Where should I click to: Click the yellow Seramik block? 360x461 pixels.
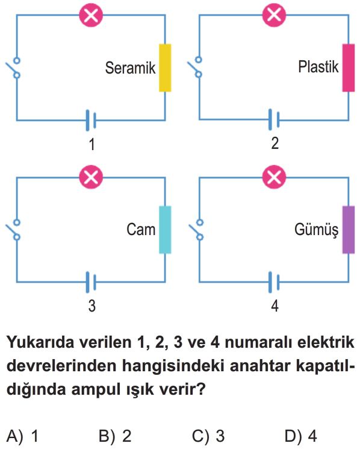point(165,67)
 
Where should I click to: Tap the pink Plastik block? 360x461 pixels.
point(349,67)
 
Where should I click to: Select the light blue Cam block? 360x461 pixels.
point(165,230)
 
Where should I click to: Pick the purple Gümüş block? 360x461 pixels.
point(349,230)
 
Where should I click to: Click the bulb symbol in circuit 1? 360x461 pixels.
point(92,15)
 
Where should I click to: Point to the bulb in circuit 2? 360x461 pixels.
point(274,14)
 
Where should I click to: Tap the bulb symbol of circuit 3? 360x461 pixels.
point(92,177)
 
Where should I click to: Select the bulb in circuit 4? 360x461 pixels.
point(274,177)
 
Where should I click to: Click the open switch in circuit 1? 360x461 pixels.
point(13,68)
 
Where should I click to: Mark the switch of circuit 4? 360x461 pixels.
point(196,230)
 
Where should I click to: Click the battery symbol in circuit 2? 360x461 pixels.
point(274,120)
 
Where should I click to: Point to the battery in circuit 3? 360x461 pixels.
point(91,282)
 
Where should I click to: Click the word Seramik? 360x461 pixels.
point(131,67)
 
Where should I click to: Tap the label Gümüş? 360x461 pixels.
point(316,230)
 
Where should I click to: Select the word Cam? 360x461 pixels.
point(141,230)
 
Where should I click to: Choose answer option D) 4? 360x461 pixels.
point(300,436)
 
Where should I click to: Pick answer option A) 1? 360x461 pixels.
point(22,436)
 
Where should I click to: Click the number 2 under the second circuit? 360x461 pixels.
point(275,143)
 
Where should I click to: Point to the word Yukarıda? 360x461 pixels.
point(40,342)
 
